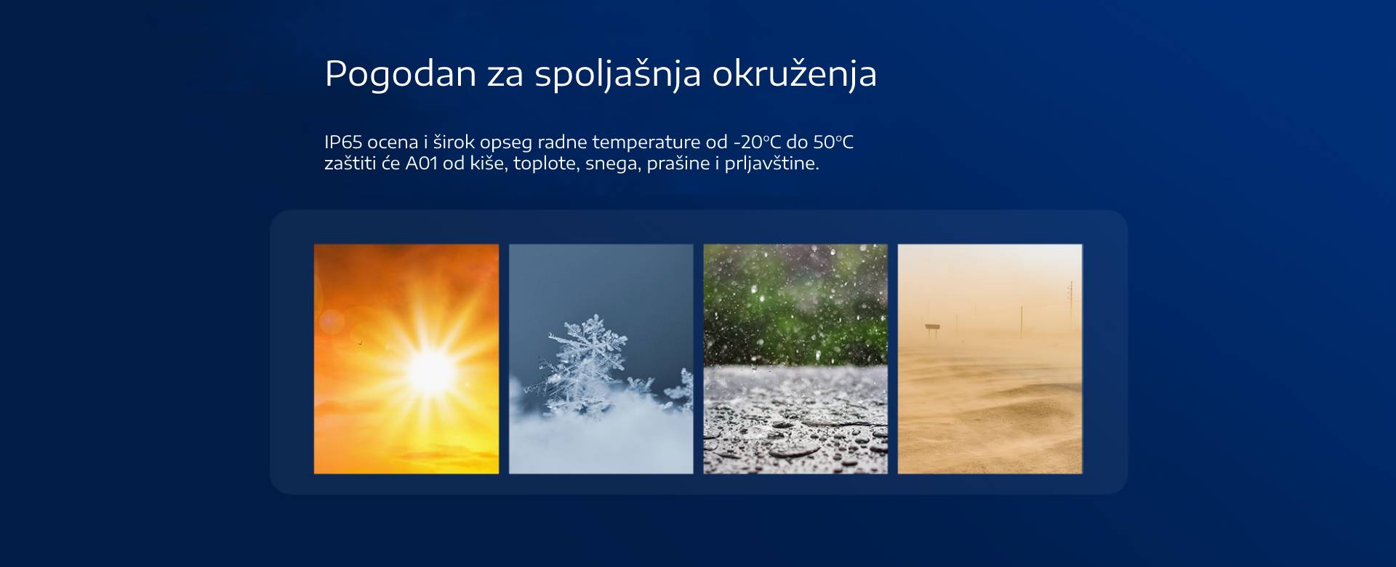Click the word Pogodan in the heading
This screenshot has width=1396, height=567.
400,74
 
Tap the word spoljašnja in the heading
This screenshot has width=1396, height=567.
618,74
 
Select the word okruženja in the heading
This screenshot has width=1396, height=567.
795,74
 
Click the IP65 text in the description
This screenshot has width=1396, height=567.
343,142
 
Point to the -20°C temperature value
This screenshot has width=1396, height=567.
757,142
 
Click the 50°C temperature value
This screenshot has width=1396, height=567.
833,142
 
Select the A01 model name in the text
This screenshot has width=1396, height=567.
422,163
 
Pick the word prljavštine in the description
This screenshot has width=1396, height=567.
771,164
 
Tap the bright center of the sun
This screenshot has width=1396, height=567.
431,370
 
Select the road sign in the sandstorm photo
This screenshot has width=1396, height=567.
931,329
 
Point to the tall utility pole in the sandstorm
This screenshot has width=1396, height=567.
1070,308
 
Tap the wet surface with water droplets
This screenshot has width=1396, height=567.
795,420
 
